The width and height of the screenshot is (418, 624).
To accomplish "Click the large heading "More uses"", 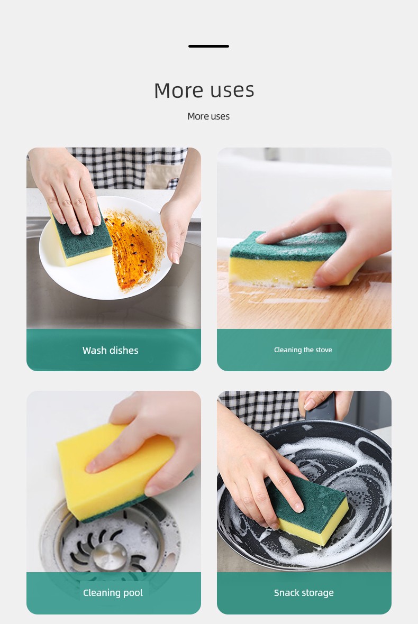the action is click(x=204, y=90).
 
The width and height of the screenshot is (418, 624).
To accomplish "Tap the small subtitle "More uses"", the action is click(x=208, y=116).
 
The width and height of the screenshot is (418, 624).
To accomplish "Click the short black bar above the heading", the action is click(x=208, y=46).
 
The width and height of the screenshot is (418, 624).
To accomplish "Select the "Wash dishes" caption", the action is click(x=110, y=350).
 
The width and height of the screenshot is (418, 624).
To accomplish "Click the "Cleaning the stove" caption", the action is click(x=303, y=350).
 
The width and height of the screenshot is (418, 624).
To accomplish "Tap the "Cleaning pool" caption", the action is click(x=113, y=593).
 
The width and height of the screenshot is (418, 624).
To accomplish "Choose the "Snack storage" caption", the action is click(x=304, y=593).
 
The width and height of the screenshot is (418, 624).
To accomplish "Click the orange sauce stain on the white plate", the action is click(x=135, y=249).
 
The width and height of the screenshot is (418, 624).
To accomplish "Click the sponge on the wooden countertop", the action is click(x=290, y=259).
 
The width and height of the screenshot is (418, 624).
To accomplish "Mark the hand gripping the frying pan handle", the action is click(x=324, y=402).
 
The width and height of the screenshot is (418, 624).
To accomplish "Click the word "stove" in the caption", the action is click(x=324, y=350).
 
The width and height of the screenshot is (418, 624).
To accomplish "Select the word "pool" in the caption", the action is click(x=133, y=593).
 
